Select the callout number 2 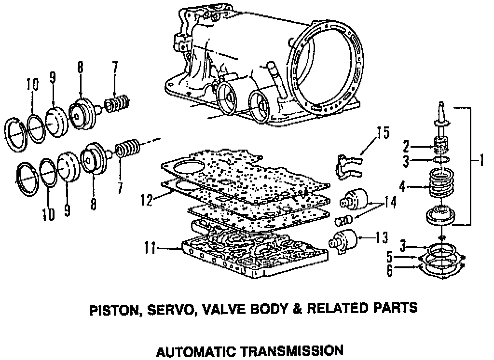tap(407, 144)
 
